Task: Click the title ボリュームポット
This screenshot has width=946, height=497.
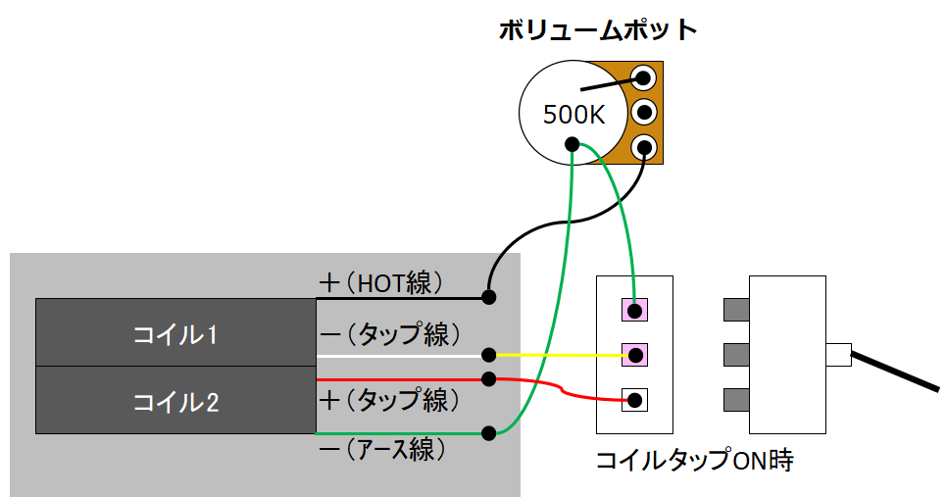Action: [x=597, y=30]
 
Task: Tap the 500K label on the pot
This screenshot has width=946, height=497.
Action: [x=574, y=115]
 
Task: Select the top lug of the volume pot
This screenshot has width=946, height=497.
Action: [x=644, y=76]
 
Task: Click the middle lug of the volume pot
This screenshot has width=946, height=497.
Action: [x=644, y=111]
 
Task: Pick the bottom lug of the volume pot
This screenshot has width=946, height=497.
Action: [x=644, y=147]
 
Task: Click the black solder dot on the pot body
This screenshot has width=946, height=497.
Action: [x=572, y=146]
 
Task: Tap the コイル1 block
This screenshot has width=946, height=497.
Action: [x=175, y=333]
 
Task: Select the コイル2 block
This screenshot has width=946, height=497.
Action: [x=175, y=401]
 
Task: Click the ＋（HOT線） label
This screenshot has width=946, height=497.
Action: [x=381, y=283]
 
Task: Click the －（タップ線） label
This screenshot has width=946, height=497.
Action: [x=389, y=333]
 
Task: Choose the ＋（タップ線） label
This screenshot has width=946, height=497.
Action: [x=389, y=400]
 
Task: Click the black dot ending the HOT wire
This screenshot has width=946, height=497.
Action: [x=488, y=296]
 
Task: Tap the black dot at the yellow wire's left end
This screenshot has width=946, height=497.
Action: [x=488, y=354]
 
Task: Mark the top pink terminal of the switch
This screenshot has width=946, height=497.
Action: [x=635, y=311]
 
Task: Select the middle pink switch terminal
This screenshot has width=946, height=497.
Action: [x=635, y=354]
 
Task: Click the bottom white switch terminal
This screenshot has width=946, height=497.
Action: [x=635, y=399]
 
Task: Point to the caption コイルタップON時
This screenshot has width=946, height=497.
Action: [x=694, y=461]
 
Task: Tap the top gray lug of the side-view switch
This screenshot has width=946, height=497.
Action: [x=736, y=311]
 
